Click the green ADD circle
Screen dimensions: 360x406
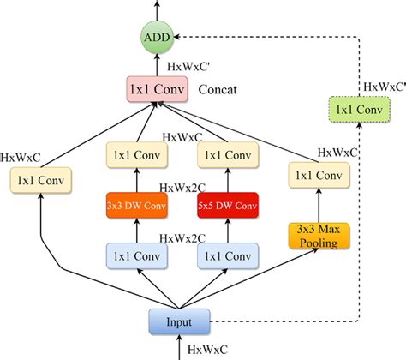(157, 38)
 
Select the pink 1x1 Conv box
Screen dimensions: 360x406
(157, 90)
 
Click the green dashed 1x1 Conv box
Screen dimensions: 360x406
(360, 109)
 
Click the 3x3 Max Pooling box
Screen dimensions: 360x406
(315, 235)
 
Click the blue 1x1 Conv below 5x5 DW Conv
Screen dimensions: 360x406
(227, 255)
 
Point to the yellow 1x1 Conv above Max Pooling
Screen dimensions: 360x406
(315, 174)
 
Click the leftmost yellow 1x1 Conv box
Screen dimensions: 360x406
(38, 181)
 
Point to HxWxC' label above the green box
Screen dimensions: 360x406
(383, 85)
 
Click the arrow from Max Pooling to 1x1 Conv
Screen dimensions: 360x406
(315, 204)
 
